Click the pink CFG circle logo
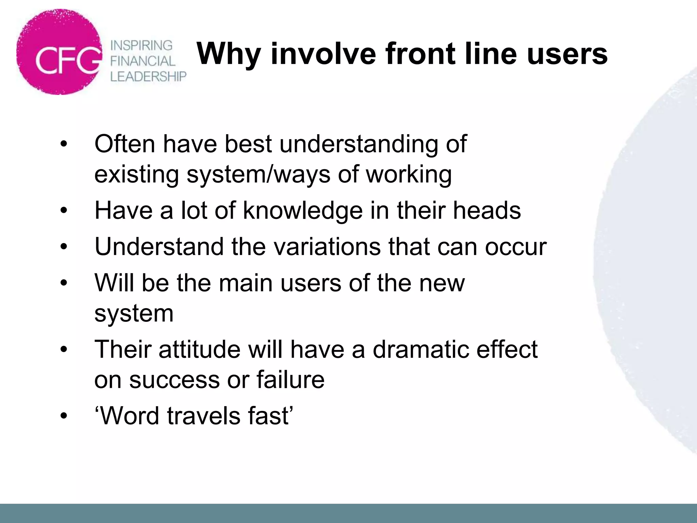59,52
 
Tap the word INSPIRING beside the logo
142,45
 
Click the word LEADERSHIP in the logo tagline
148,77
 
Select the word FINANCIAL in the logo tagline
143,61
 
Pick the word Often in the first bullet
125,144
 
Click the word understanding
359,144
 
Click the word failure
290,379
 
